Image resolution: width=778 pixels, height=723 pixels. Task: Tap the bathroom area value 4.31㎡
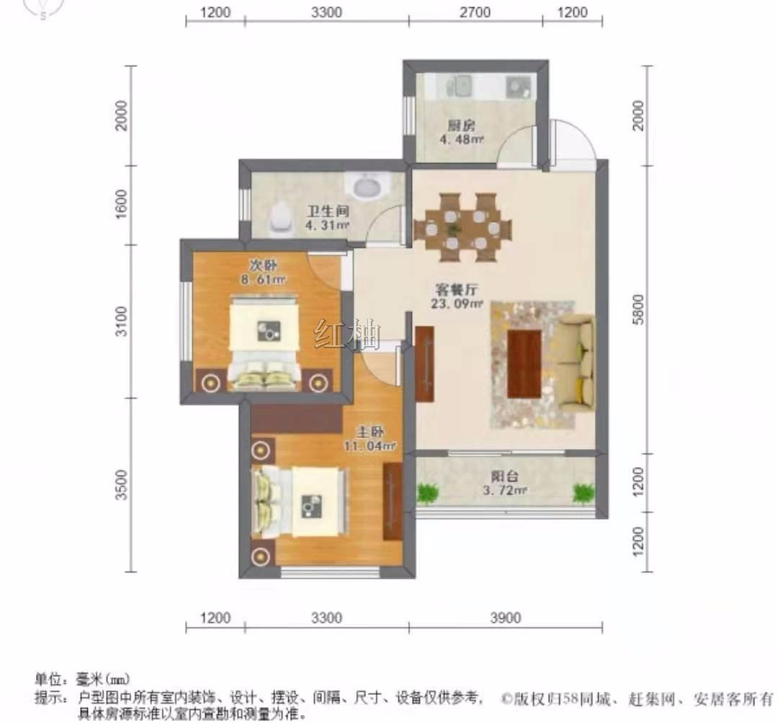328,225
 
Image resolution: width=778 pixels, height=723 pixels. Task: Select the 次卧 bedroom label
263,265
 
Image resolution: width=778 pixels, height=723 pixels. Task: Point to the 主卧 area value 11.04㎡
370,446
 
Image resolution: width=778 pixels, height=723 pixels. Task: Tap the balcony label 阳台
505,476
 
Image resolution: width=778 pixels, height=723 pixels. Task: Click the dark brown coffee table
524,363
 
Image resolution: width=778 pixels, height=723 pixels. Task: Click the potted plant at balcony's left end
428,493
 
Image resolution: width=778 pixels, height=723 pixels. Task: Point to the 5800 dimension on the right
638,309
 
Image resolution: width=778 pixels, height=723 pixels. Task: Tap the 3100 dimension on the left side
121,321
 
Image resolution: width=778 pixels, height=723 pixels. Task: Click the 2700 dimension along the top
475,12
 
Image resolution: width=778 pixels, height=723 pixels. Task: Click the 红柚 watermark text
347,334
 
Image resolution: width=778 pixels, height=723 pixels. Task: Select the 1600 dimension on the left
121,203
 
